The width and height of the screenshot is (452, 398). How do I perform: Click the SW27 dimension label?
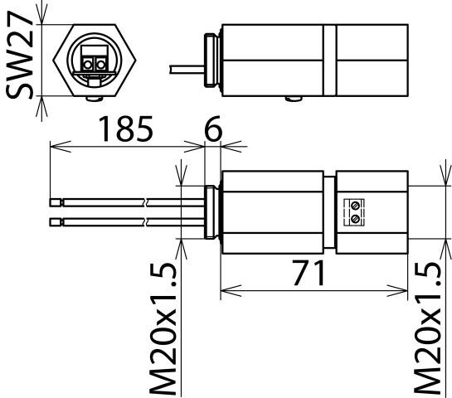click(19, 55)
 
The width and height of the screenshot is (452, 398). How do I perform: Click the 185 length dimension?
click(126, 129)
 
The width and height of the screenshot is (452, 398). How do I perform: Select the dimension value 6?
click(213, 129)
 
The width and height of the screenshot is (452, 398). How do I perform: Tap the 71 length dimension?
click(309, 272)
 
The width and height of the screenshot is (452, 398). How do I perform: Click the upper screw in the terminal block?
click(357, 206)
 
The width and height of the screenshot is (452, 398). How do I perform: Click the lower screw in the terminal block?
click(357, 219)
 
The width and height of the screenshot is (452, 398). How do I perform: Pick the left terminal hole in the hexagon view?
click(87, 65)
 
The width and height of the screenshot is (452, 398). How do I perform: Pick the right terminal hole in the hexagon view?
click(101, 65)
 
